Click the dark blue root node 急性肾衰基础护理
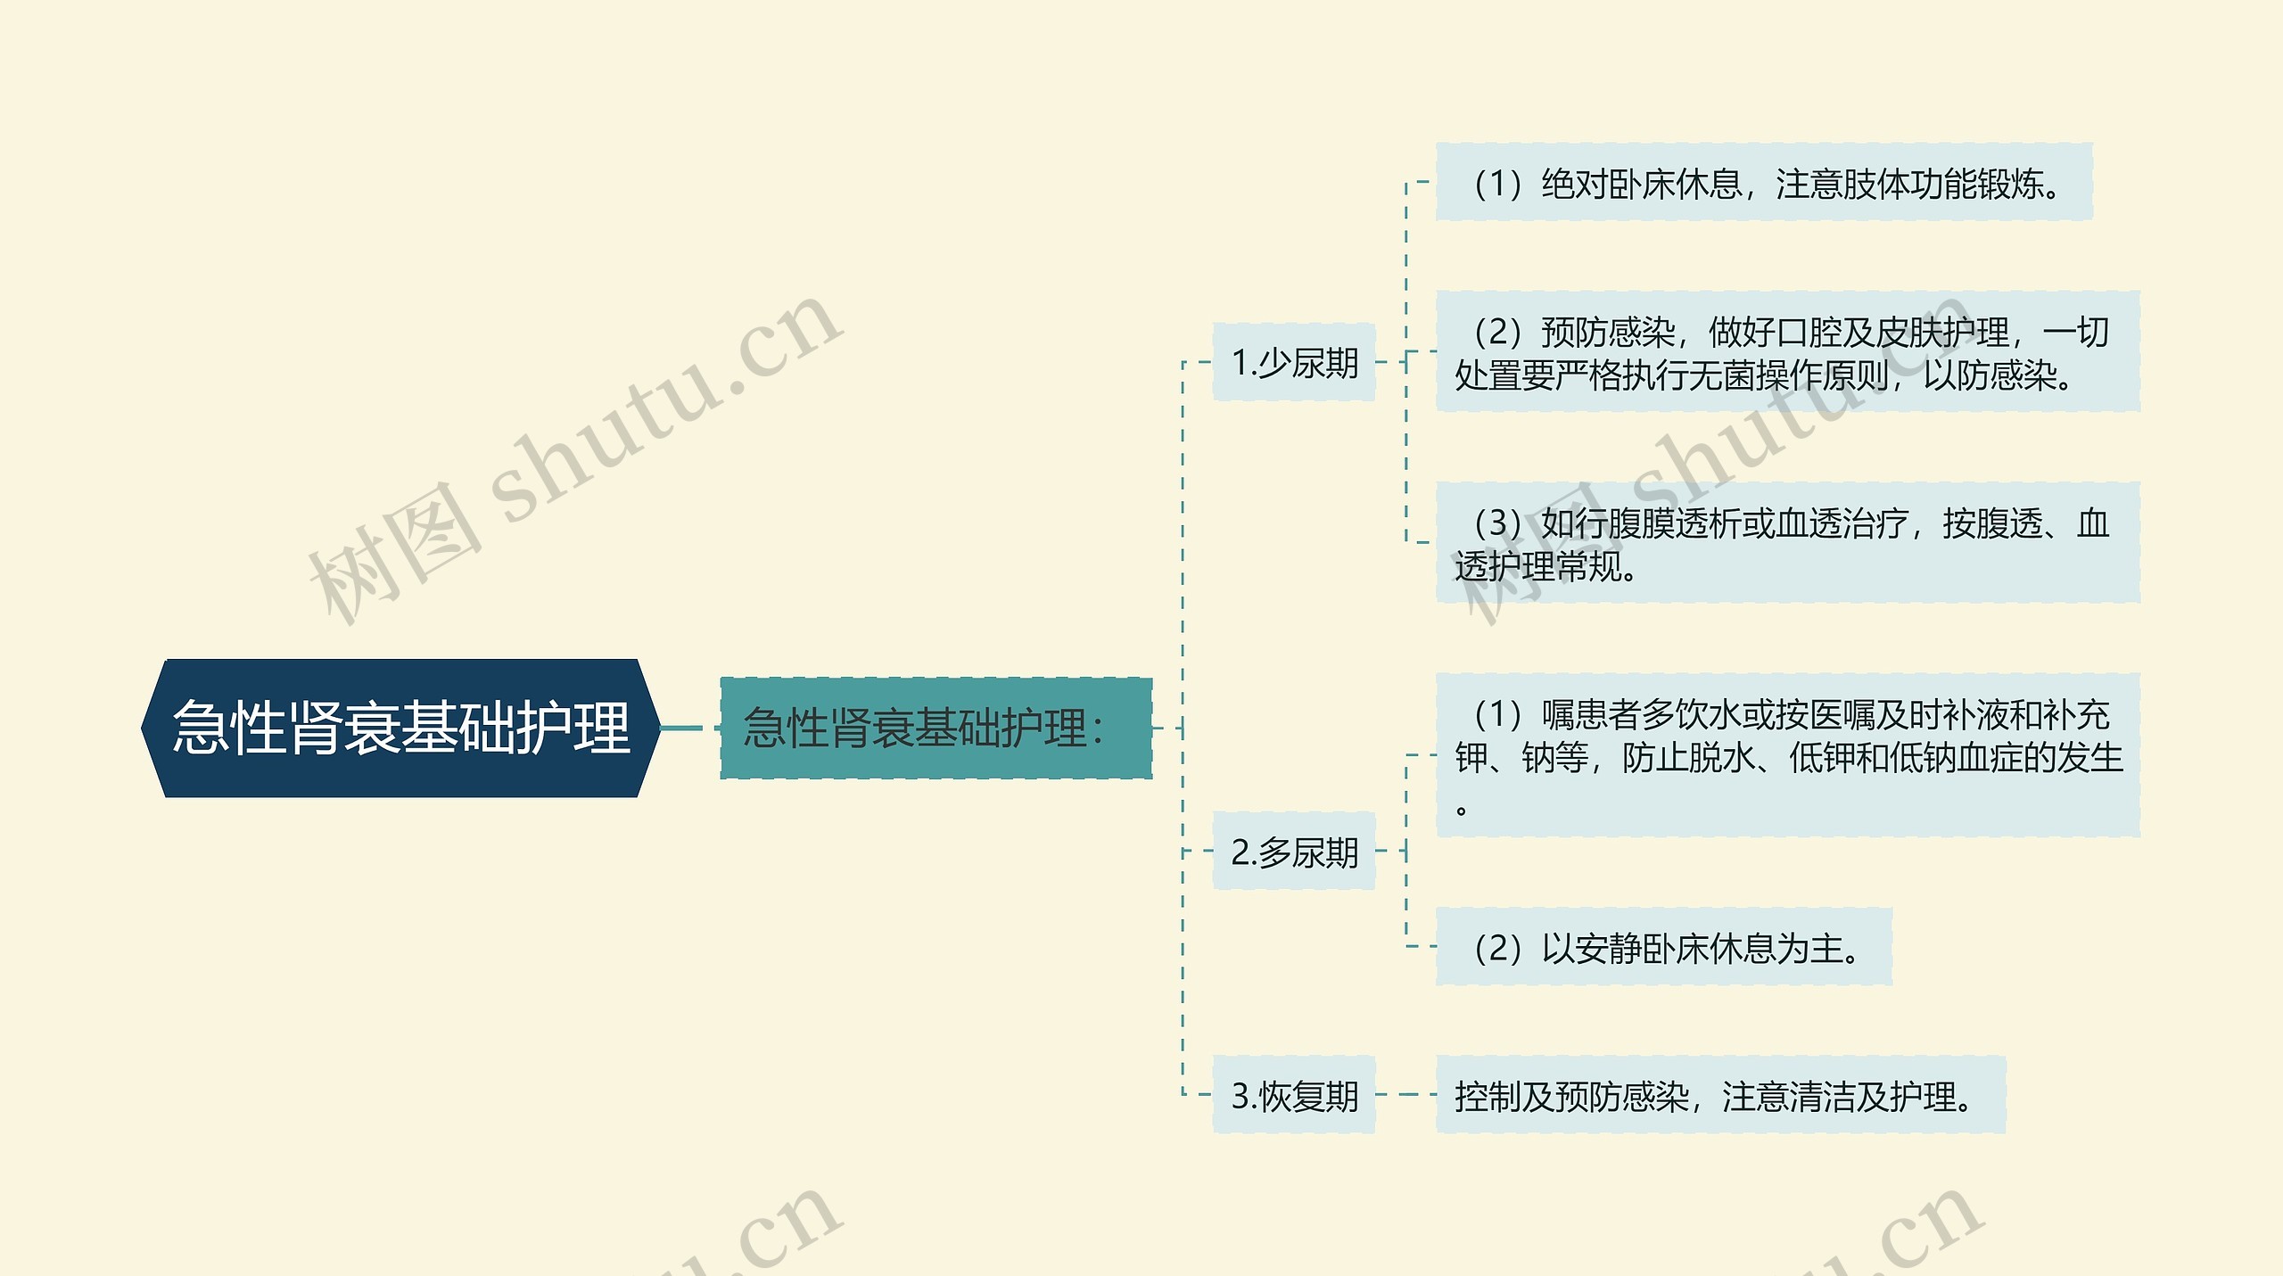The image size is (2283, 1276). (x=401, y=728)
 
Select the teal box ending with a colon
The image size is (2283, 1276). (x=935, y=728)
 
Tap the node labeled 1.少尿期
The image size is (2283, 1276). (x=1294, y=363)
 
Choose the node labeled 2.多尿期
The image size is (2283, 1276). (x=1294, y=852)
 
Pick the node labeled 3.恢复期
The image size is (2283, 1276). (x=1294, y=1096)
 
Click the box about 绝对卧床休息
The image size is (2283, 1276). (x=1763, y=184)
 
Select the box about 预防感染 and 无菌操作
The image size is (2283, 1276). (x=1787, y=353)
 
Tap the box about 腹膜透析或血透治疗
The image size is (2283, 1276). (x=1787, y=544)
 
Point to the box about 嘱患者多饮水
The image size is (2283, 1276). (x=1787, y=756)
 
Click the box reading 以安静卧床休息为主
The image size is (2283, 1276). (x=1663, y=948)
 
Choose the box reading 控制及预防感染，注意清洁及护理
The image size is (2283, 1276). (x=1720, y=1096)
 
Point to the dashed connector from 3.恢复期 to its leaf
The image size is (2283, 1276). (x=1405, y=1095)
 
